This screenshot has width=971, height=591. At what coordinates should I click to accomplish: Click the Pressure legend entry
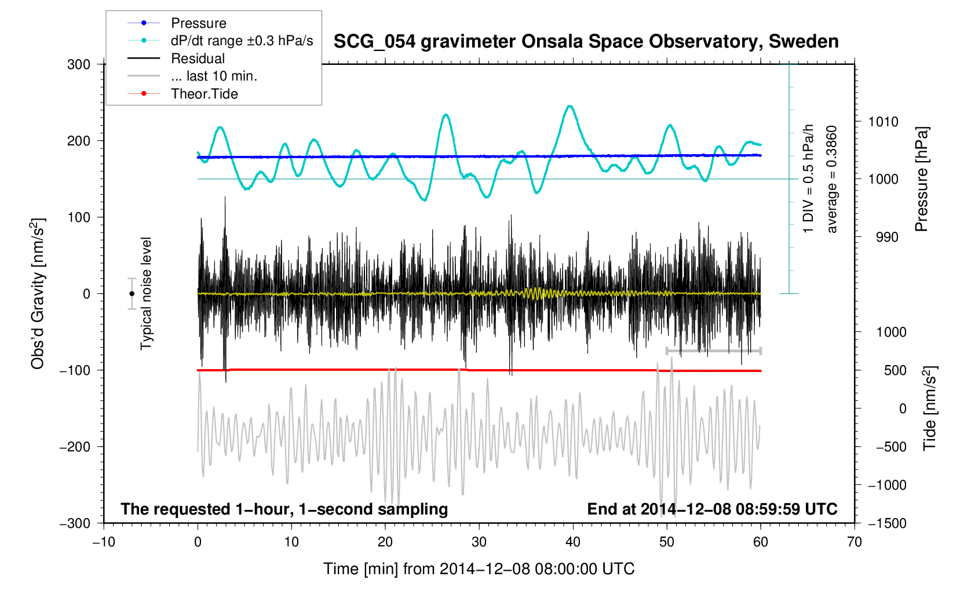(x=198, y=23)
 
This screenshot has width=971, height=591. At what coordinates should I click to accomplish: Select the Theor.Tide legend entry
(x=204, y=94)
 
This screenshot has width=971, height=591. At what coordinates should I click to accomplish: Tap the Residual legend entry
(x=198, y=59)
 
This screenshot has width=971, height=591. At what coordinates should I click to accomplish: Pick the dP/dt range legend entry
(x=242, y=41)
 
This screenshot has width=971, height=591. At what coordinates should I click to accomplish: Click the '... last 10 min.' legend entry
(x=214, y=76)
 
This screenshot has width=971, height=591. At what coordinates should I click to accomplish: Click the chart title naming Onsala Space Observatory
(x=586, y=42)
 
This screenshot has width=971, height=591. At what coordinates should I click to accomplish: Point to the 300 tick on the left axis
(x=79, y=64)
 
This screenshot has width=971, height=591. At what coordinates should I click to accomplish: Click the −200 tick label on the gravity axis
(x=75, y=447)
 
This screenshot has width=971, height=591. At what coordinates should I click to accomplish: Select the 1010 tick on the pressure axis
(x=883, y=122)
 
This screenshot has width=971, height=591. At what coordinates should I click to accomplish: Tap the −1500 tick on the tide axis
(x=887, y=523)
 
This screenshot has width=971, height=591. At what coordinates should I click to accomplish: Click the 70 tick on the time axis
(x=854, y=542)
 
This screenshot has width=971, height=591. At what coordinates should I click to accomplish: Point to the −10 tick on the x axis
(x=104, y=542)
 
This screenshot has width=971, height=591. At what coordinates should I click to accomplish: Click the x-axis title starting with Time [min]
(x=479, y=569)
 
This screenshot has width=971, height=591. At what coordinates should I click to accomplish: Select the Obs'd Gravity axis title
(x=38, y=294)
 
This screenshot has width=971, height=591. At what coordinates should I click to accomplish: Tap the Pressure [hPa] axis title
(x=921, y=180)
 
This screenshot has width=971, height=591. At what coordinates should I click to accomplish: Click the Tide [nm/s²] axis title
(x=929, y=408)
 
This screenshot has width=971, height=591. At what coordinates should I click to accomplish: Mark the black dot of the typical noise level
(x=132, y=294)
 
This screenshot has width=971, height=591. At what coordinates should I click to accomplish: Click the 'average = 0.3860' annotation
(x=832, y=180)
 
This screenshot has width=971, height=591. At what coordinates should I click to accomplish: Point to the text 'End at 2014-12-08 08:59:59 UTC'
(x=712, y=509)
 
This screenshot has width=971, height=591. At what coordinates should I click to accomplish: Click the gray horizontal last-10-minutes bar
(x=713, y=351)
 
